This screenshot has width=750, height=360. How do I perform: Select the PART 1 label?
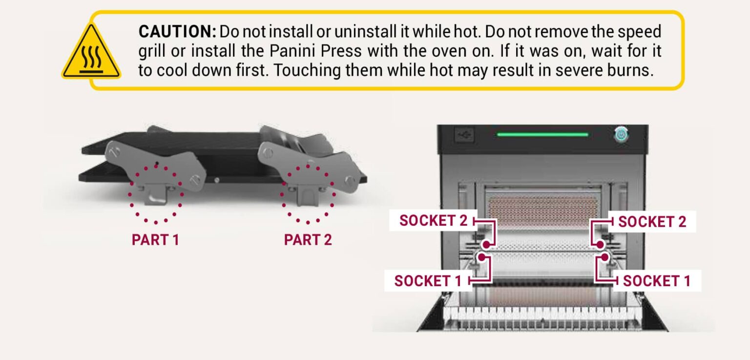tap(155, 240)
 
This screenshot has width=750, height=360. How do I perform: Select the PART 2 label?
tap(308, 240)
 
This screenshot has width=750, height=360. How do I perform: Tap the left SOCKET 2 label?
tap(433, 221)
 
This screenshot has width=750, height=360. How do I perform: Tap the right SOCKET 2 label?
tap(652, 221)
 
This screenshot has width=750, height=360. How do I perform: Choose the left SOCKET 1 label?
tap(428, 281)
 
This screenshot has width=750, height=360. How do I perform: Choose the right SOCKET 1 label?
tap(657, 281)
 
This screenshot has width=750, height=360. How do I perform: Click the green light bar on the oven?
tap(542, 134)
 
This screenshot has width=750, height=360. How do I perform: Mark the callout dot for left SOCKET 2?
tap(486, 244)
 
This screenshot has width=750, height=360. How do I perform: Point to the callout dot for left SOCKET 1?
tap(482, 256)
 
